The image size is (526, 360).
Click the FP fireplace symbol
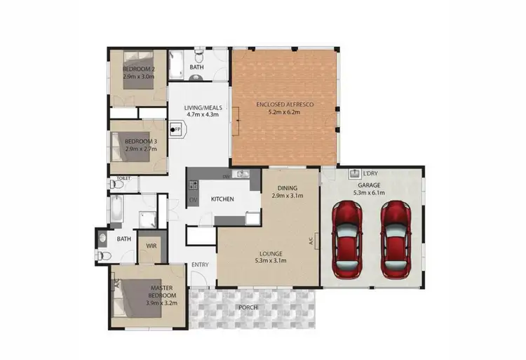[x=177, y=129]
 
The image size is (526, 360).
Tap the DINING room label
[x=287, y=188]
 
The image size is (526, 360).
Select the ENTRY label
[x=201, y=264]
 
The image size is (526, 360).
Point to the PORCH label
[x=248, y=307]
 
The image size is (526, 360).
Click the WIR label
[x=150, y=246]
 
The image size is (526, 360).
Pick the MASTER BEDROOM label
[x=161, y=291]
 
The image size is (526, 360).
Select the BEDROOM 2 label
[x=140, y=69]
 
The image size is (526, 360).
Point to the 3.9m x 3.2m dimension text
[x=161, y=303]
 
